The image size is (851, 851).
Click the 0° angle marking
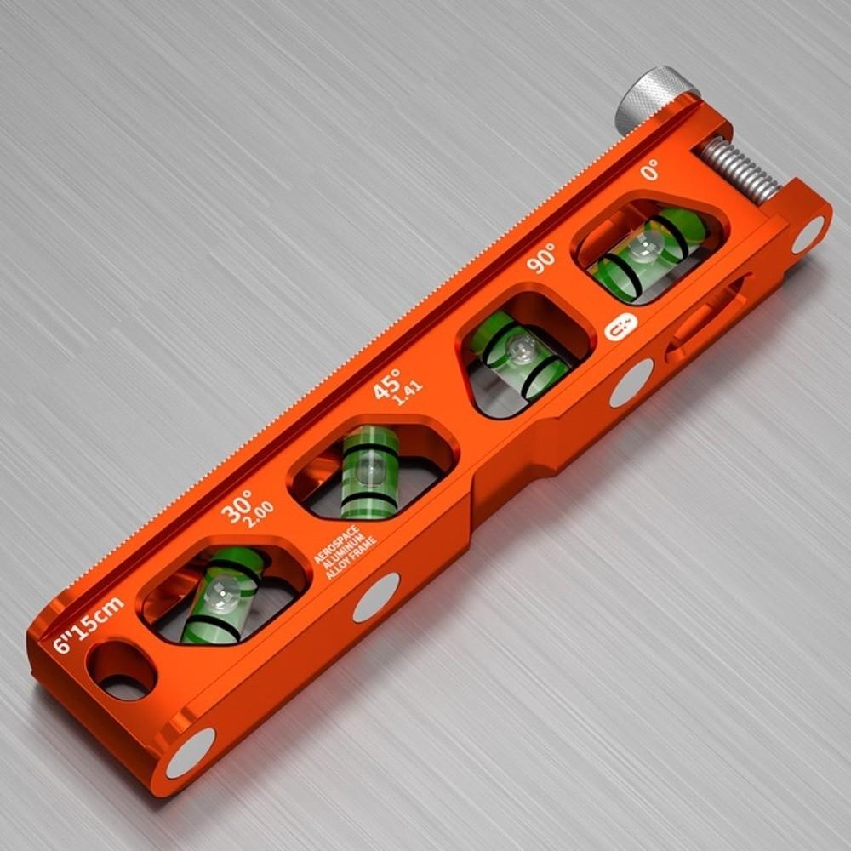coord(649,170)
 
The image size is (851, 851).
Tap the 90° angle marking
coord(541,257)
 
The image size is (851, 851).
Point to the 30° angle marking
coord(237,505)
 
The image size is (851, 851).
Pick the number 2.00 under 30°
coord(259,515)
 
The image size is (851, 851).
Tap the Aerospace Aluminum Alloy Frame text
coord(346,552)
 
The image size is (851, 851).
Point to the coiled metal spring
coord(740,171)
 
